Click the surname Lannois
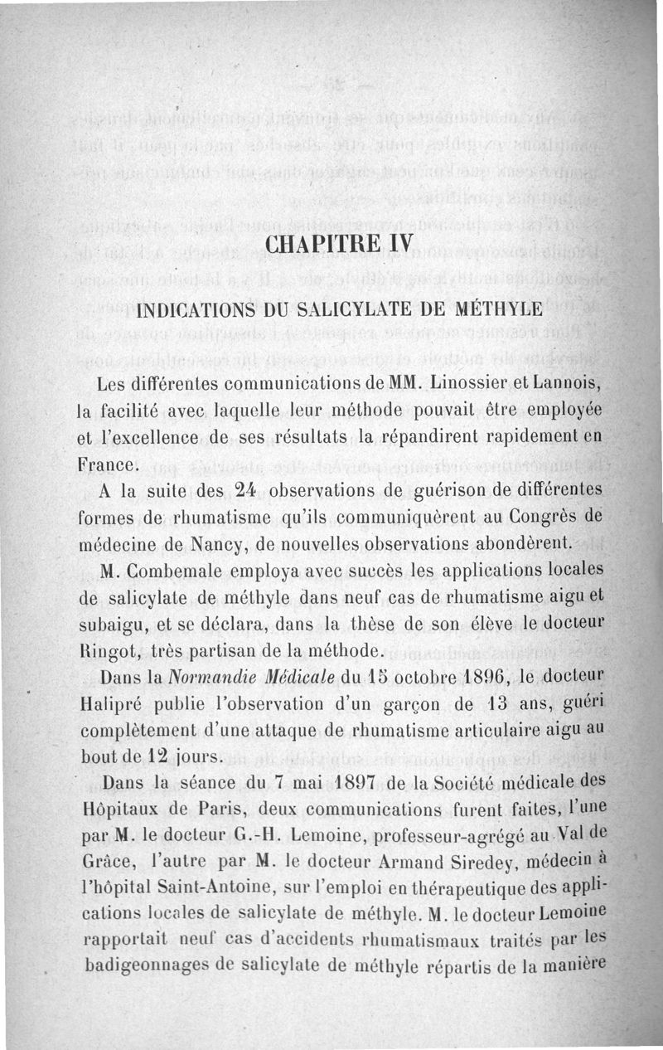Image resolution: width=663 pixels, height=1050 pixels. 568,385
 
